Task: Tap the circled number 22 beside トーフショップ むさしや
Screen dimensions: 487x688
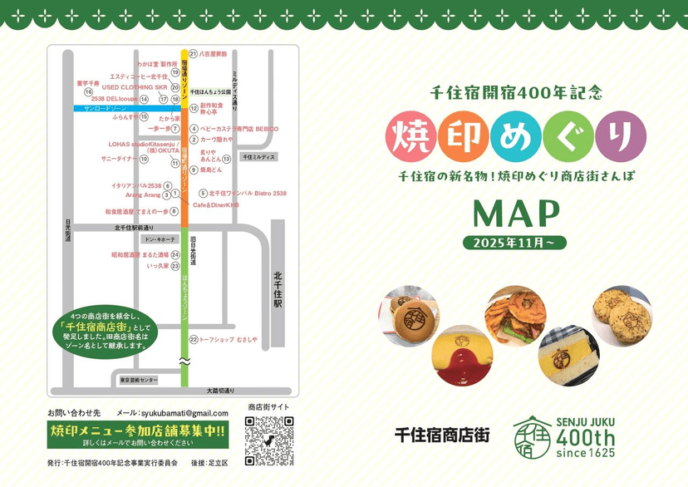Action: point(194,339)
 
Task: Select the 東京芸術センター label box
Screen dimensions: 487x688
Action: point(138,380)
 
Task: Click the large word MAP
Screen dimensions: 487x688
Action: point(515,214)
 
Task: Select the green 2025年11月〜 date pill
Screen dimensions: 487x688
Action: point(515,243)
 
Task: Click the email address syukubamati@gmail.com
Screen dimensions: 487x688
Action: point(184,413)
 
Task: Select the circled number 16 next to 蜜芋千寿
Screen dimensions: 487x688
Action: point(88,92)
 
